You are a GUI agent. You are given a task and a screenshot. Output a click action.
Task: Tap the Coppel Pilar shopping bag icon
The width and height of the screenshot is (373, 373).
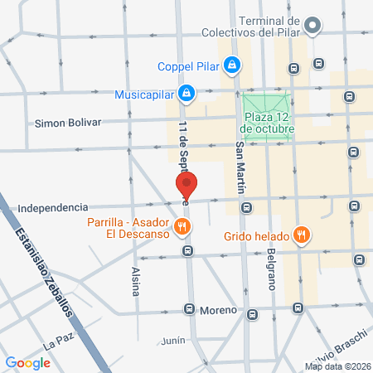coord(233,64)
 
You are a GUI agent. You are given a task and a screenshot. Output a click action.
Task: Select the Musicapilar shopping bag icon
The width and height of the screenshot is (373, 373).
coord(188,92)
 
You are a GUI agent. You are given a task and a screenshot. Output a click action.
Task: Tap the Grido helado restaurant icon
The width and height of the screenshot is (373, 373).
coord(303,235)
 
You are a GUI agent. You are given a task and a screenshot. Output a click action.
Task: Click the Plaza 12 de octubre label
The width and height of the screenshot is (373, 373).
coord(268,123)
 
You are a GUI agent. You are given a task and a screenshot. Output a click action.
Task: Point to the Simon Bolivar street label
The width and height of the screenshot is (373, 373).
coord(68,123)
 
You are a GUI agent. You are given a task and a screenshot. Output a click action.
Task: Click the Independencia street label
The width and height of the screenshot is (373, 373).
coord(52,207)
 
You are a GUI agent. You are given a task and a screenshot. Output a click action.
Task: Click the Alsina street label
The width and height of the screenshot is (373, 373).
coord(136,282)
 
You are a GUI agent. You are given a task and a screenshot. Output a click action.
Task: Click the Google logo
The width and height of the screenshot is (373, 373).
coord(27,362)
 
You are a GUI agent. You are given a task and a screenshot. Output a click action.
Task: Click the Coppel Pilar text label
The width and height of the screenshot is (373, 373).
coord(192,65)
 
